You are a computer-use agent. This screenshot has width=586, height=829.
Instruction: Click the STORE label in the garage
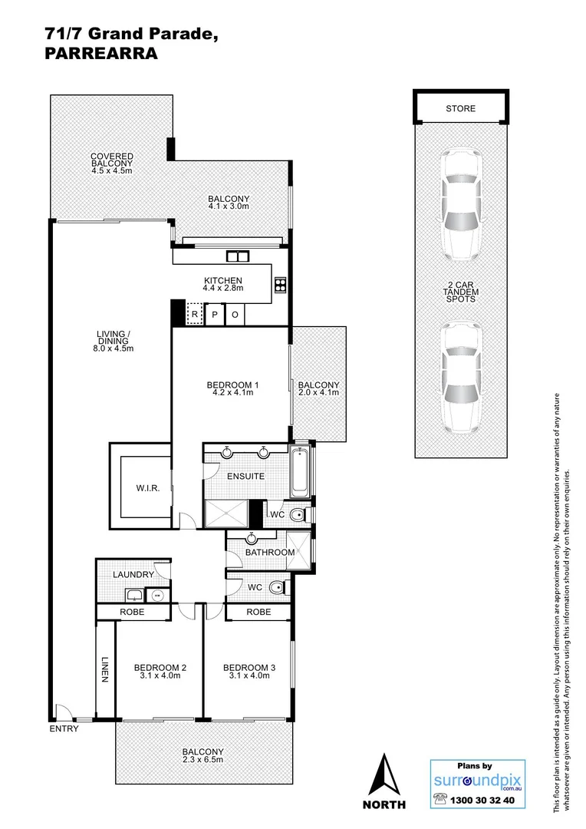pyautogui.click(x=460, y=108)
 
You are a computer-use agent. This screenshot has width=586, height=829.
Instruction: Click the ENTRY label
pyautogui.click(x=64, y=728)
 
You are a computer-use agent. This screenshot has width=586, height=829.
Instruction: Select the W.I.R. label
pyautogui.click(x=149, y=489)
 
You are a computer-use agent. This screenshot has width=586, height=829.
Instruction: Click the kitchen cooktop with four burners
pyautogui.click(x=280, y=285)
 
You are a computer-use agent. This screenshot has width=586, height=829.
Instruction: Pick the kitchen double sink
pyautogui.click(x=238, y=257)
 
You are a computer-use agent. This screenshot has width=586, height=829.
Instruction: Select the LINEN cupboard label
pyautogui.click(x=104, y=669)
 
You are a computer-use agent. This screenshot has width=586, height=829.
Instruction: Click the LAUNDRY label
pyautogui.click(x=133, y=574)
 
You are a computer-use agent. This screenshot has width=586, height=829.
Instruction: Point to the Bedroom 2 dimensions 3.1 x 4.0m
pyautogui.click(x=160, y=676)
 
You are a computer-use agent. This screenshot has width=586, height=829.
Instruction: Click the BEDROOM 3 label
pyautogui.click(x=249, y=667)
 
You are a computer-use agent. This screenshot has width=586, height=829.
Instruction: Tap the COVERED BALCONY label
pyautogui.click(x=112, y=160)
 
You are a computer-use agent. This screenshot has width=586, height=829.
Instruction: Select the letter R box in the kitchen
pyautogui.click(x=196, y=315)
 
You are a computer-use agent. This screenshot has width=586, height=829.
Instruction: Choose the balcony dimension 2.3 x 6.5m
pyautogui.click(x=203, y=760)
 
